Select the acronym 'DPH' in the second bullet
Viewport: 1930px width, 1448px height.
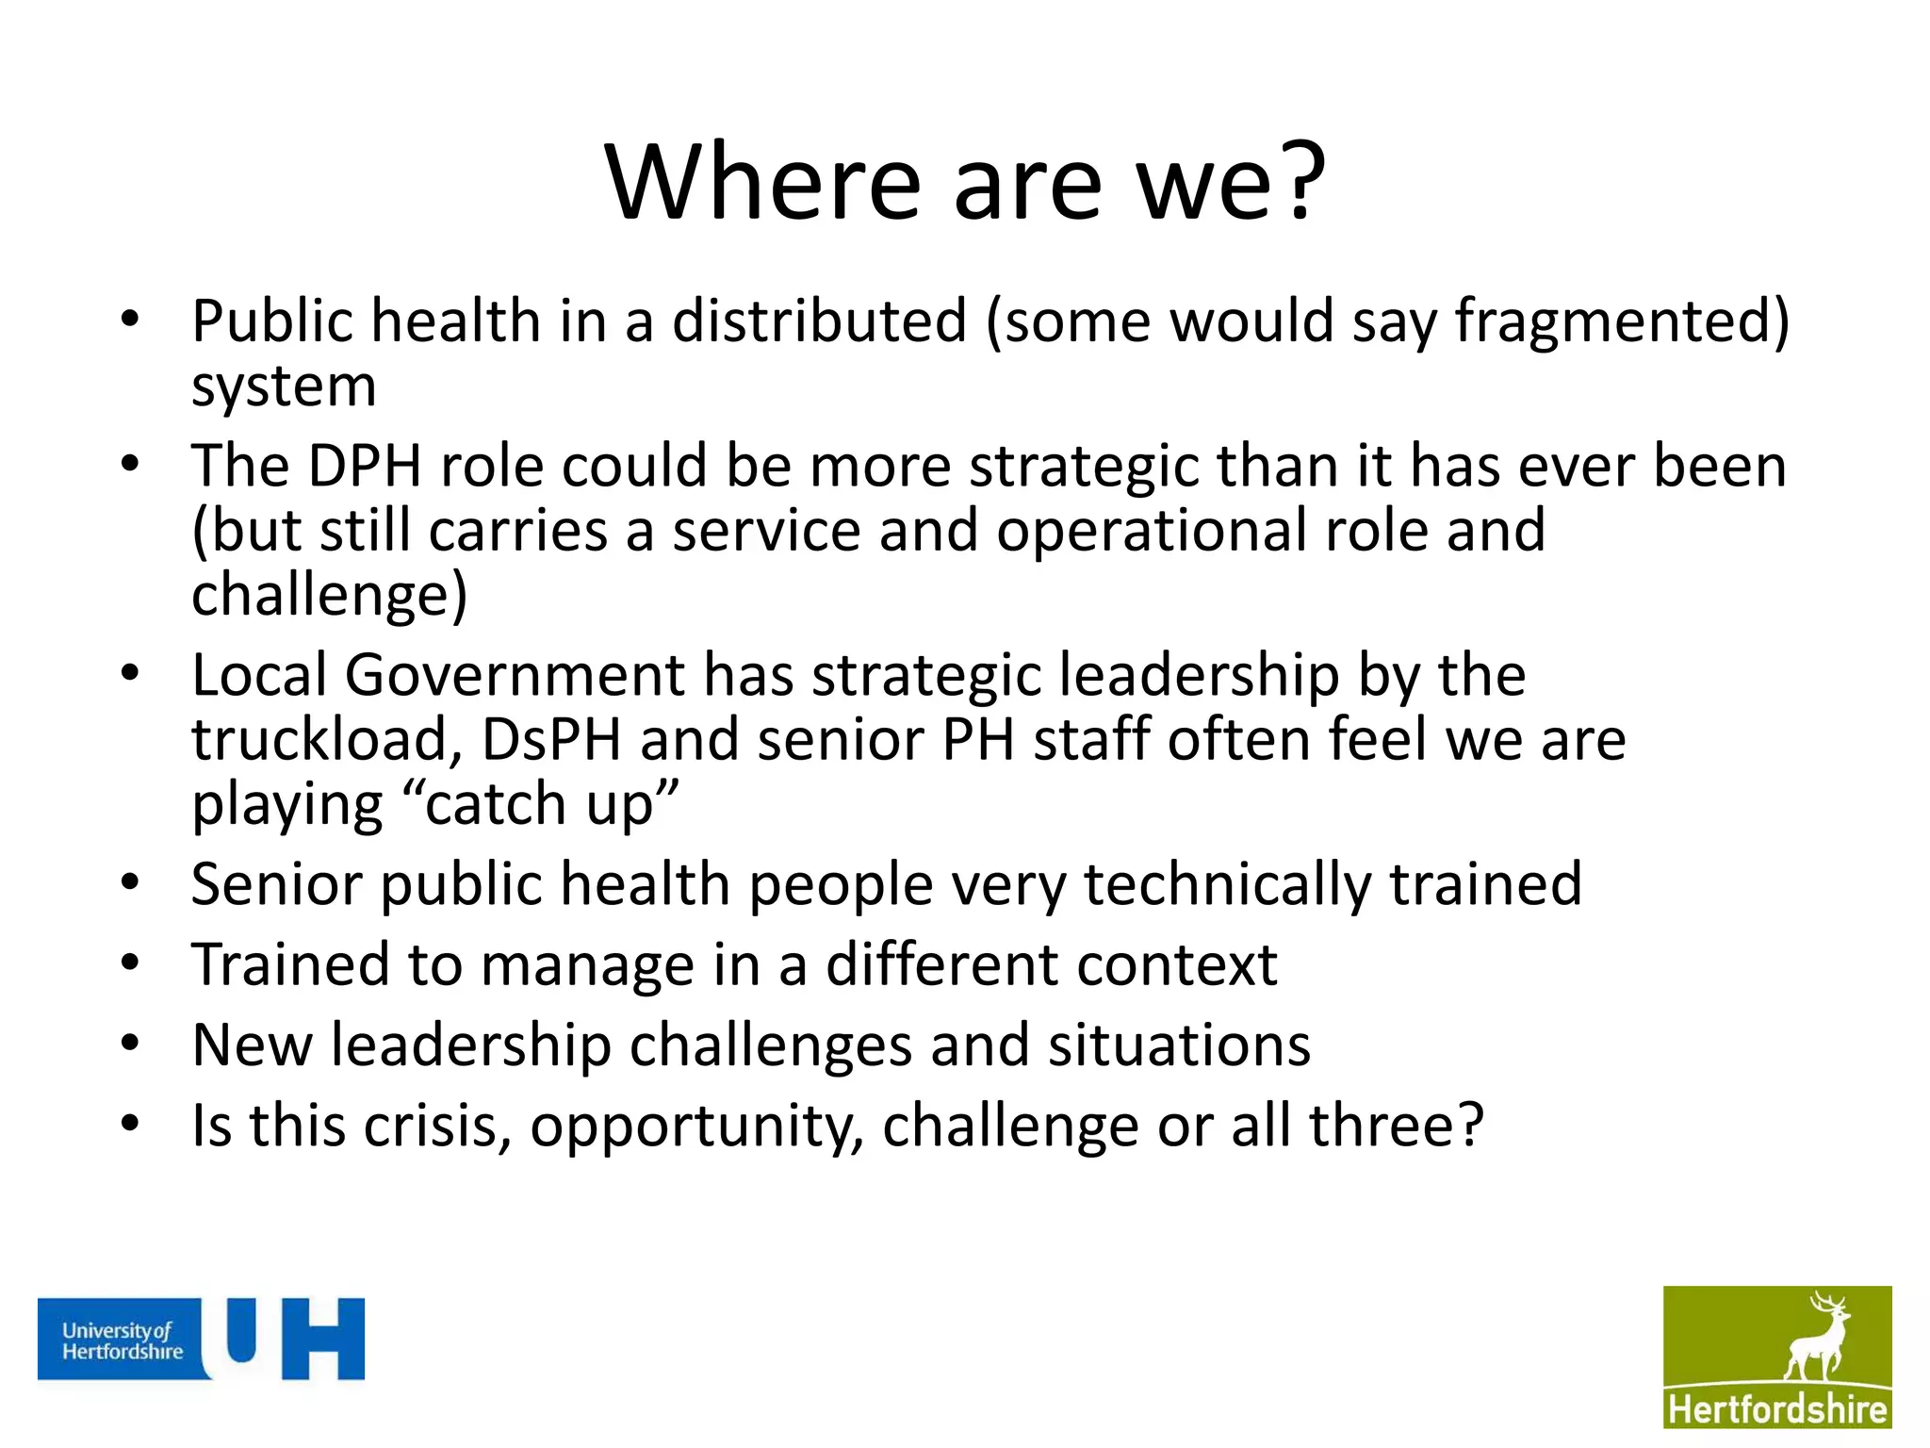coord(365,467)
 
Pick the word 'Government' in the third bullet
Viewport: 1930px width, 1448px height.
coord(515,676)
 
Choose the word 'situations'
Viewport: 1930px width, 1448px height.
coord(1179,1045)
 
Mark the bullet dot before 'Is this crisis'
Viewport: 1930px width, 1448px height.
coord(130,1124)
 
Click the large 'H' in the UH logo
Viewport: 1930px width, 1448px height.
coord(323,1339)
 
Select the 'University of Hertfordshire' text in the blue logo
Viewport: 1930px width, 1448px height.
coord(123,1341)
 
